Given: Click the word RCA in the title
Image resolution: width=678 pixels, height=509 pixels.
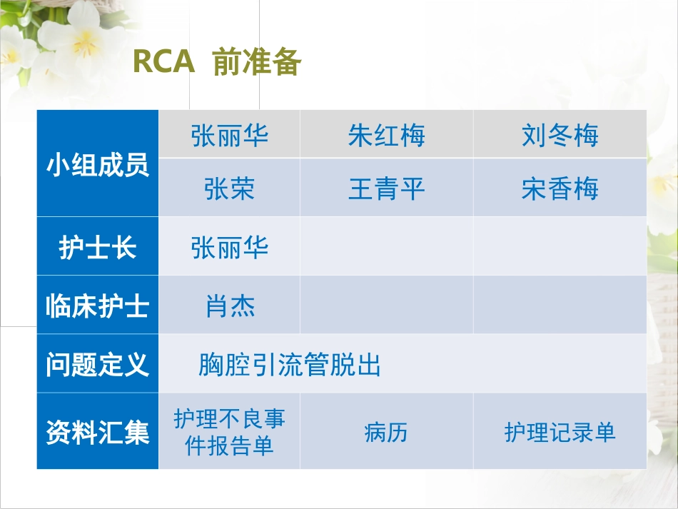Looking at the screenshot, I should (163, 63).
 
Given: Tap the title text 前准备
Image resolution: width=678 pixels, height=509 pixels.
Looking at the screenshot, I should (257, 64).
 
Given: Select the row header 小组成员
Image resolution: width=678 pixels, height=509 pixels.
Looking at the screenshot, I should (98, 165).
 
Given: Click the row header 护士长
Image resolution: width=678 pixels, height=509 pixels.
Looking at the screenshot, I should (98, 248).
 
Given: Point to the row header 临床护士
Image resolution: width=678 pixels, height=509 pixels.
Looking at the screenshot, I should (98, 306).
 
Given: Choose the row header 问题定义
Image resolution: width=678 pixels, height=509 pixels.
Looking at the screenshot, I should (98, 365).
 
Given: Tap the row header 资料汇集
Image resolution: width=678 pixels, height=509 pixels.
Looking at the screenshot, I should (98, 433).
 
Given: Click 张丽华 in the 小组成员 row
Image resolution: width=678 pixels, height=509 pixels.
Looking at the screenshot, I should (230, 135).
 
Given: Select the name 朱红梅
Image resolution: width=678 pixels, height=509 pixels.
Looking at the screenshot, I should (386, 135).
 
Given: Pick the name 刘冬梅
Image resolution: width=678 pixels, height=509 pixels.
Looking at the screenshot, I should (560, 135).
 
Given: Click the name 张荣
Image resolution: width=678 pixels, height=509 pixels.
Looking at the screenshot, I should (230, 189).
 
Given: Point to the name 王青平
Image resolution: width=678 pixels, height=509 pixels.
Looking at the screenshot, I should (386, 189).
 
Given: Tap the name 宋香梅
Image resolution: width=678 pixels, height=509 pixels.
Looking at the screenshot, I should (560, 189).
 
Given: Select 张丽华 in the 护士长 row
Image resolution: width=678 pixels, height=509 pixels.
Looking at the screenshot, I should (230, 248).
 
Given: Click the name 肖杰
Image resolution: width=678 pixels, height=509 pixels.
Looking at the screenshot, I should (230, 306).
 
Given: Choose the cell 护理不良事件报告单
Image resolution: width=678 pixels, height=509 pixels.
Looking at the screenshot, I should (230, 433).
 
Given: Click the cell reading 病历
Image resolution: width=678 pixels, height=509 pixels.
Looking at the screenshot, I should (386, 433).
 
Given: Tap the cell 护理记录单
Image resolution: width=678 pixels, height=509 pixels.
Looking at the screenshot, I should (560, 433).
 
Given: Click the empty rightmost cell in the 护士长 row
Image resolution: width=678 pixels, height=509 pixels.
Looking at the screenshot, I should (560, 247).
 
